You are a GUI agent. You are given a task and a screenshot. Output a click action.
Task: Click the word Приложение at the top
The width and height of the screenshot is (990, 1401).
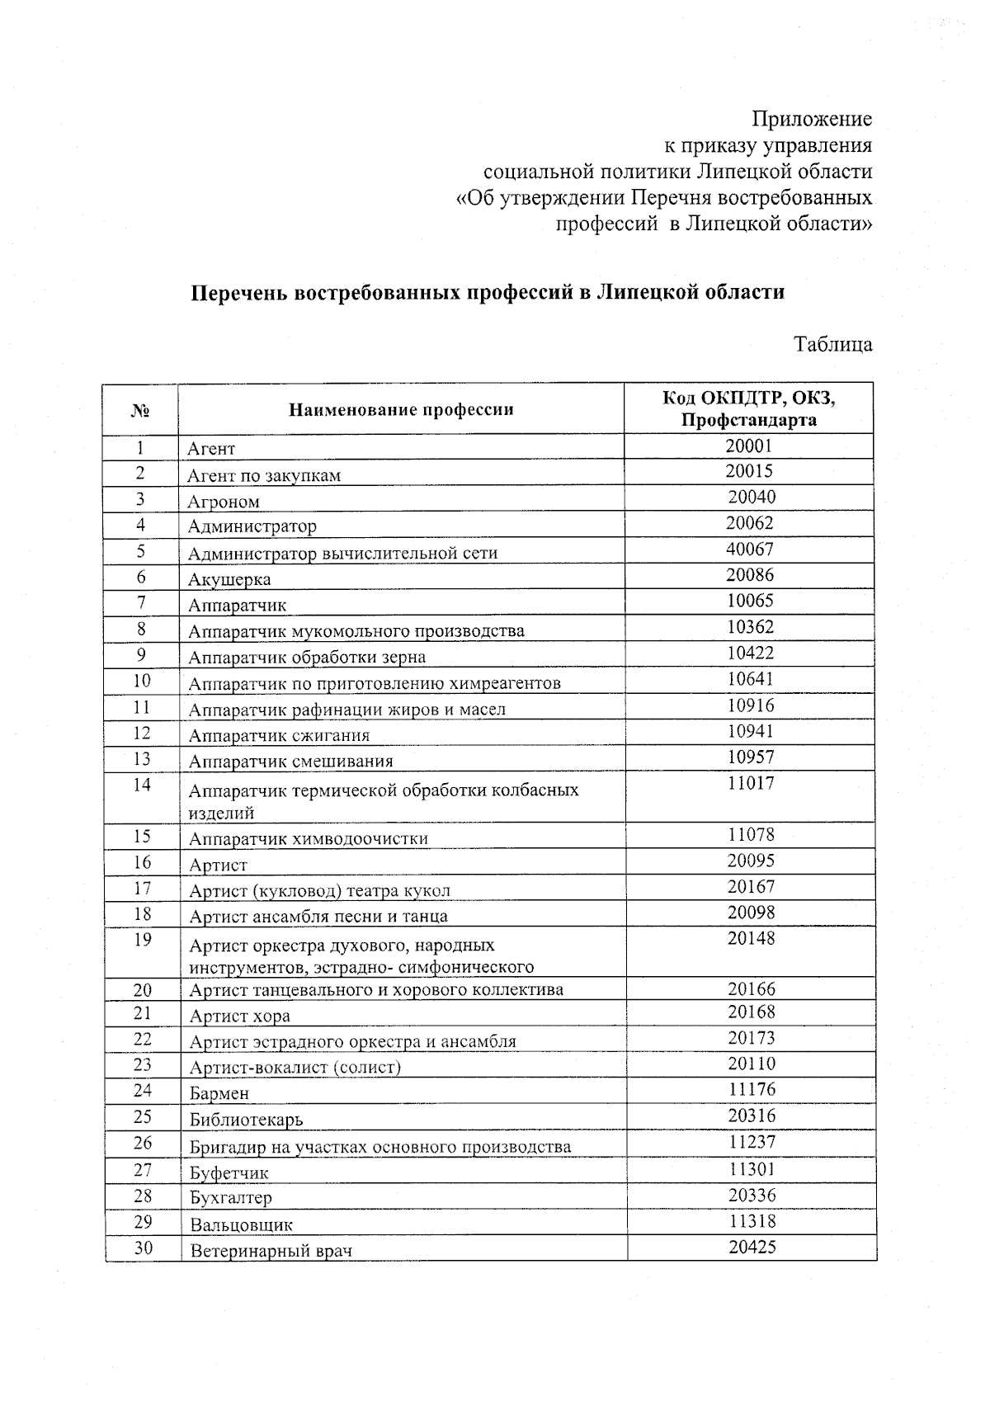click(x=813, y=120)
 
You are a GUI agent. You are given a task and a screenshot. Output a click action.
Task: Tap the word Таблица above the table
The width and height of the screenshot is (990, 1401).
click(x=832, y=344)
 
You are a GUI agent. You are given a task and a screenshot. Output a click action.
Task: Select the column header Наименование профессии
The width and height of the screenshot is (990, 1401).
click(x=401, y=410)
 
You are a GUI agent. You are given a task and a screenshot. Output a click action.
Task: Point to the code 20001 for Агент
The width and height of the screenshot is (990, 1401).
click(x=749, y=446)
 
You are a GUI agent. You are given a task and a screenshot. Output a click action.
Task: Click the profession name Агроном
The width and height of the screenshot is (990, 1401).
click(x=224, y=502)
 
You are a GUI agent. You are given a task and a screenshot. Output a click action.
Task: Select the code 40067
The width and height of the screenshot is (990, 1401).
click(x=749, y=550)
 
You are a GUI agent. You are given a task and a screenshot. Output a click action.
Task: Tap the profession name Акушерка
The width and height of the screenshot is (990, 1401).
click(x=229, y=580)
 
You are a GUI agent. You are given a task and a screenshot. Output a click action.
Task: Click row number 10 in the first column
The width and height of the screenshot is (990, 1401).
click(x=142, y=681)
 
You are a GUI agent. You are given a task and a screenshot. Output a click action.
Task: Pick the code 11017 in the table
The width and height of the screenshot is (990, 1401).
click(x=751, y=784)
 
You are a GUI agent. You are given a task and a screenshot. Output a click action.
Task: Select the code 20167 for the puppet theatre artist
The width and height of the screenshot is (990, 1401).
click(x=751, y=887)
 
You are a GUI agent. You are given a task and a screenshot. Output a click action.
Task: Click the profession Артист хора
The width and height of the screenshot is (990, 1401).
click(x=240, y=1017)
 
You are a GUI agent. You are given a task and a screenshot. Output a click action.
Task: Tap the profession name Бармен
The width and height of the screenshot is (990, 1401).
click(x=219, y=1094)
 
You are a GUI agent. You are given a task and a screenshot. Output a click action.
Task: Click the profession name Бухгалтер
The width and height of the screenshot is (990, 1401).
click(x=231, y=1198)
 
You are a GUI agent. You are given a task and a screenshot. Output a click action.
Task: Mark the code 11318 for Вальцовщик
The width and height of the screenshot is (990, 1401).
click(x=752, y=1221)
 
